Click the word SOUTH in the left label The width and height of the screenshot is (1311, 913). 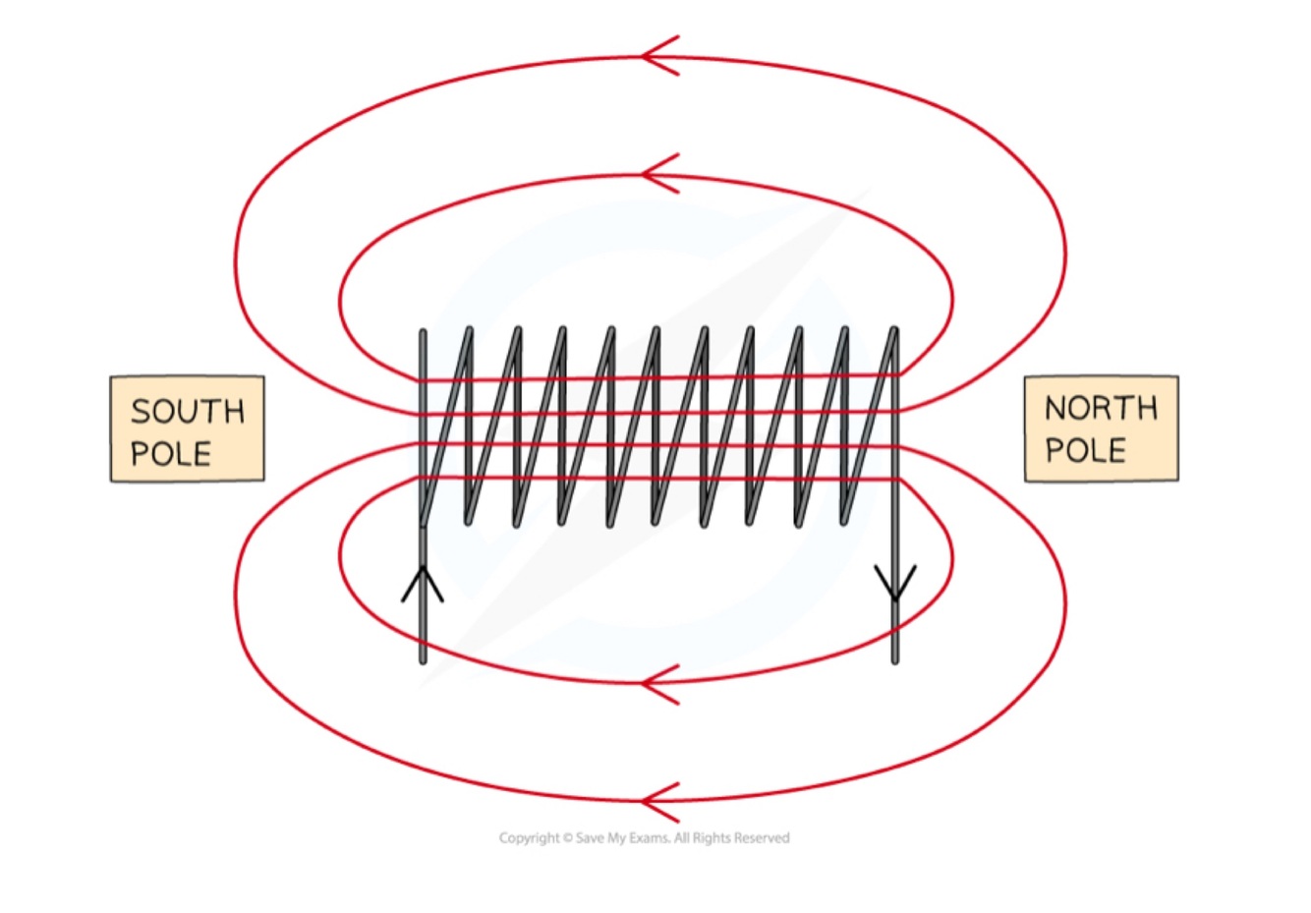coord(187,411)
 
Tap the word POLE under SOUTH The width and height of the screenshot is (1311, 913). coord(171,454)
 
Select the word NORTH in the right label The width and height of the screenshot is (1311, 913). coord(1101,408)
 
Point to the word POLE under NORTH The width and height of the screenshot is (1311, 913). coord(1085,450)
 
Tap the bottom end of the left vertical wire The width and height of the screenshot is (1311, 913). coord(423,659)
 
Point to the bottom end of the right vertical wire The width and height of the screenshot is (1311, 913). coord(895,659)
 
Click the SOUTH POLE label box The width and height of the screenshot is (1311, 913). coord(187,428)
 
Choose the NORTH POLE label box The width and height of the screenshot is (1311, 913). coord(1101,428)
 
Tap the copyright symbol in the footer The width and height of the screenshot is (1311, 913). coord(567,838)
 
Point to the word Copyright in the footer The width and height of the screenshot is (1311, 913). coord(530,838)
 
